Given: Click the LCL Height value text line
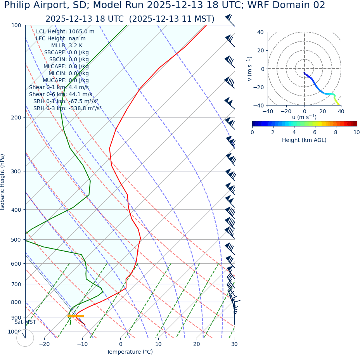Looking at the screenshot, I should point(65,32).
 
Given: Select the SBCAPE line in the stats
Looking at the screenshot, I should point(66,53).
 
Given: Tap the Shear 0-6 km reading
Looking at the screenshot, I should point(61,95).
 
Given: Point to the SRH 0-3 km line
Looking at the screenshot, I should point(67,109).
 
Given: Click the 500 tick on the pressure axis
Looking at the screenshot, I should point(16,240).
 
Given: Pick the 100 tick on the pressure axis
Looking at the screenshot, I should point(16,26).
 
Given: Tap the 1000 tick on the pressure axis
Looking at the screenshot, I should point(14,332).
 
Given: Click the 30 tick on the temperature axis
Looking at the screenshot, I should point(234,344).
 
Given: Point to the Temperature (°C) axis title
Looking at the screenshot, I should point(130,352).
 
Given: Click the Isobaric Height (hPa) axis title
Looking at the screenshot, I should point(3,182).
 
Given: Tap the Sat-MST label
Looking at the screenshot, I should point(25,322).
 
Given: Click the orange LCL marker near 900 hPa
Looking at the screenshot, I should point(76,316).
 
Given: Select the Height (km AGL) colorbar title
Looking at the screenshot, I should point(304,140).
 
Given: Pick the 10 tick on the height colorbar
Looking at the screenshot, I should point(356,133).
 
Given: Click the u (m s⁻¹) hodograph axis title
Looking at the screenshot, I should point(304,117).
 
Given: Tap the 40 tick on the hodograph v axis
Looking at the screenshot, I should point(260,33).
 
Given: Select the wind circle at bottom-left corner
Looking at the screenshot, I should point(25,338).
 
